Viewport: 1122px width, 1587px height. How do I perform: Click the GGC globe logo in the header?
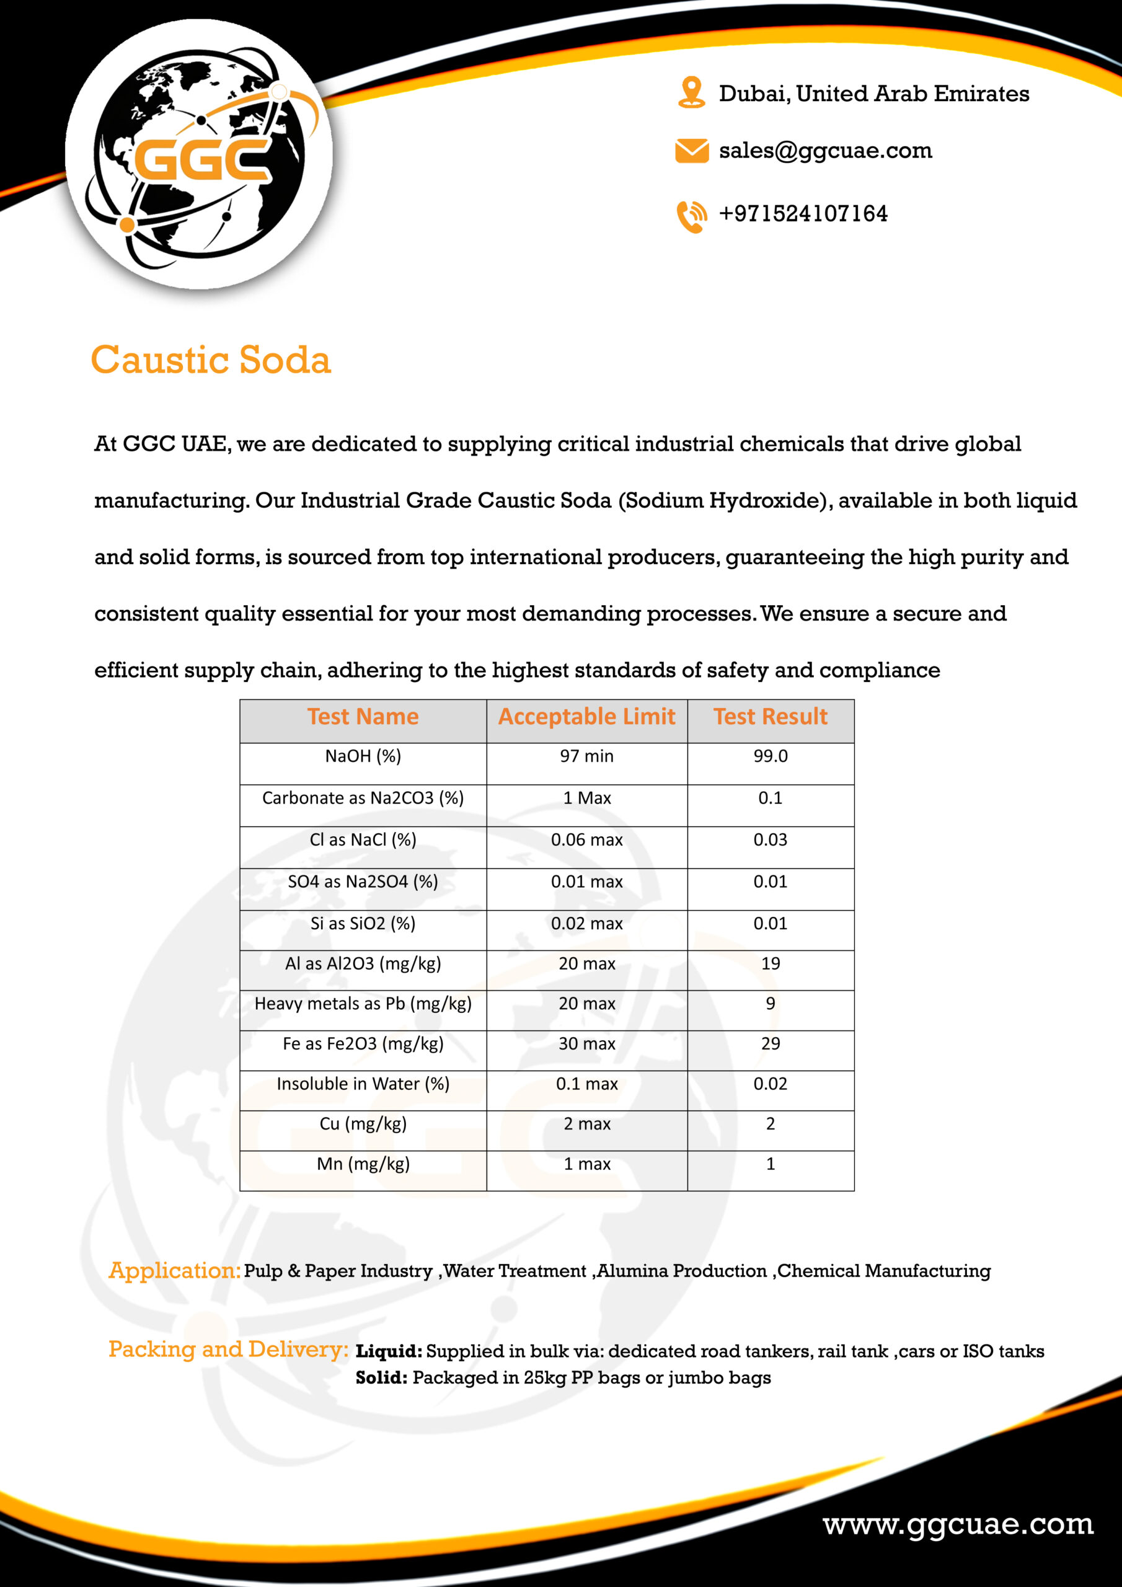199,154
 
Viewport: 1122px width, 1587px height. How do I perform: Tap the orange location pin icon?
691,92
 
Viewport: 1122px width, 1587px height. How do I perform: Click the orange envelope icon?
691,151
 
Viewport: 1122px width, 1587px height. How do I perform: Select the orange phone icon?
691,216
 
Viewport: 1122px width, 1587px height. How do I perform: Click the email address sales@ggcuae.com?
826,151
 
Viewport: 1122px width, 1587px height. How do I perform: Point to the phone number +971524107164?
803,214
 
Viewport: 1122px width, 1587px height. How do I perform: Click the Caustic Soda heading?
211,360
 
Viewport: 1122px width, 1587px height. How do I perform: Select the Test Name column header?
363,717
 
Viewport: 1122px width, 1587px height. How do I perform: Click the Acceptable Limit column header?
586,717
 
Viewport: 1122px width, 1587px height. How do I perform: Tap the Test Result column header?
770,717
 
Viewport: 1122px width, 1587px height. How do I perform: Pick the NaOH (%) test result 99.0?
770,756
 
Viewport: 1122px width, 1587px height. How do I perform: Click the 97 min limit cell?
586,756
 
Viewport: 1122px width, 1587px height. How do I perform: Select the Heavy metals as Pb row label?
363,1004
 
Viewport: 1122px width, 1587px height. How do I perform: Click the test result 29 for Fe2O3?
770,1044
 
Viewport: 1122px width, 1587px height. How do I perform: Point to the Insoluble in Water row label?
363,1084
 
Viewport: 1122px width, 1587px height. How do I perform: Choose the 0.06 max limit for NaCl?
586,840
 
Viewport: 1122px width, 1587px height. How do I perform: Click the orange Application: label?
174,1270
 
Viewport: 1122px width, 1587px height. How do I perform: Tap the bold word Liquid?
389,1351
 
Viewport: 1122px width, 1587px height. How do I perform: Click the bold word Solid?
382,1377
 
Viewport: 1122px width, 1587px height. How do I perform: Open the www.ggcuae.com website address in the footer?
958,1524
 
